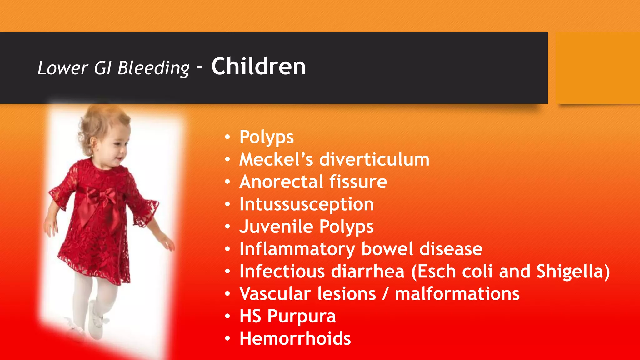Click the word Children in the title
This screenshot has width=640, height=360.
click(x=258, y=67)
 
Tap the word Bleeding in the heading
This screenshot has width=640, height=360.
click(x=153, y=68)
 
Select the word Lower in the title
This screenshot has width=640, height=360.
click(x=63, y=68)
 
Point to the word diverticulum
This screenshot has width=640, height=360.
click(x=374, y=159)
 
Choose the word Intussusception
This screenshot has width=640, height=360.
click(x=307, y=205)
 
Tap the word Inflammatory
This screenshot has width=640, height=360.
click(x=297, y=249)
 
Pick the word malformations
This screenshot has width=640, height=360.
click(x=457, y=294)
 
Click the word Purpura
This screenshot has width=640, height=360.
click(x=302, y=317)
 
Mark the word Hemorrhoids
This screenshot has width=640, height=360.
click(x=295, y=338)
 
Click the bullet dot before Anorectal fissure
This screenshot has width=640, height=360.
click(x=227, y=182)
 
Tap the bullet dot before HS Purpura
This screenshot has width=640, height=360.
click(x=227, y=316)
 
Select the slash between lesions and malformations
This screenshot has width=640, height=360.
click(x=385, y=294)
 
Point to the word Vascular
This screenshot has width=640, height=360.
click(x=275, y=294)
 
